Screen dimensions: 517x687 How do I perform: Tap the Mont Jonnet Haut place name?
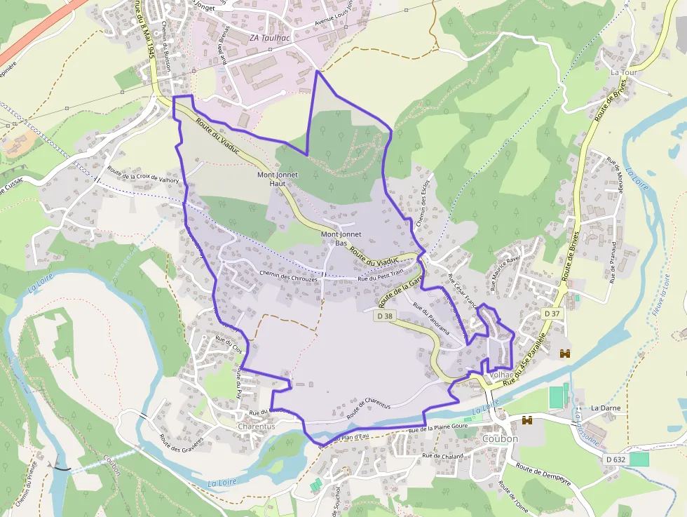pyautogui.click(x=278, y=179)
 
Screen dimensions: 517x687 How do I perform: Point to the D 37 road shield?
pyautogui.click(x=552, y=314)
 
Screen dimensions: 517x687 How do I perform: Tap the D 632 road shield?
pyautogui.click(x=614, y=459)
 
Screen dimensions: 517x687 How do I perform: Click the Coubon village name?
pyautogui.click(x=500, y=438)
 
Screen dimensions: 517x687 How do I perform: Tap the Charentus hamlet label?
pyautogui.click(x=256, y=426)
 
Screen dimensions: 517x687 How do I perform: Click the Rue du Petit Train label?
pyautogui.click(x=381, y=276)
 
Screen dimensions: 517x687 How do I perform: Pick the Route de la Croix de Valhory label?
pyautogui.click(x=143, y=174)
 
